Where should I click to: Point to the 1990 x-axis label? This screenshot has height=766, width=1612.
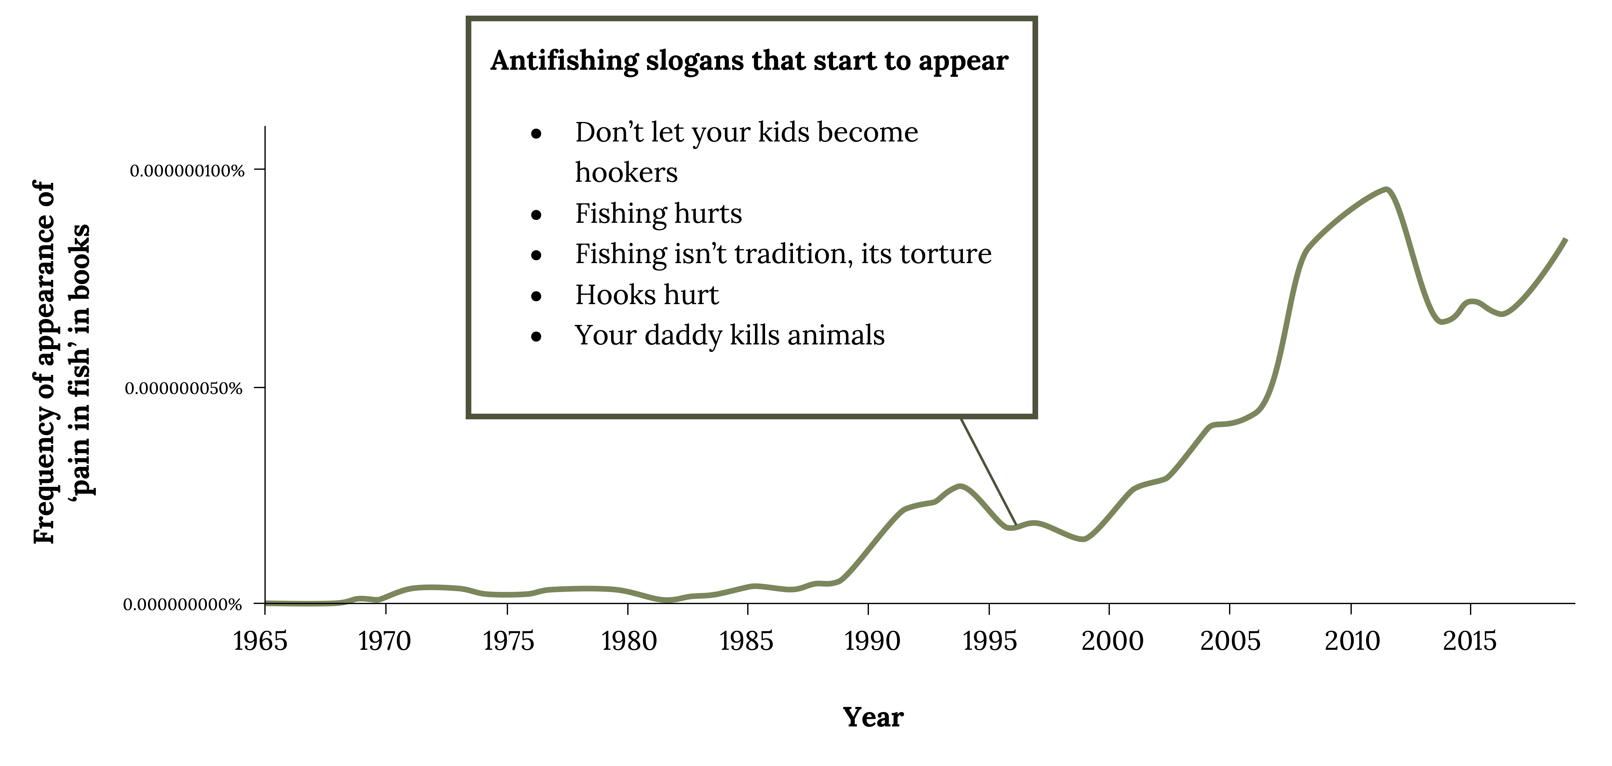click(872, 641)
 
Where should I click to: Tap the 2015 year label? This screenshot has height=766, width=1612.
click(1469, 641)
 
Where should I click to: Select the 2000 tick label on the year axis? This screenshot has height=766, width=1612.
click(1112, 641)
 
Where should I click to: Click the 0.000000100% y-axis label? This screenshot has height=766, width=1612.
click(186, 171)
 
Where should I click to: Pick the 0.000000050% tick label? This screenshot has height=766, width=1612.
click(183, 389)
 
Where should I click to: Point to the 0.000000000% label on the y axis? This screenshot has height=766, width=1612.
click(182, 604)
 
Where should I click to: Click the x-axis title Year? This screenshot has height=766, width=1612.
click(873, 717)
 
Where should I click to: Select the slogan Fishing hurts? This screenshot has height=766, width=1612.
click(658, 213)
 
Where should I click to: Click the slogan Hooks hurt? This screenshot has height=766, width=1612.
click(647, 295)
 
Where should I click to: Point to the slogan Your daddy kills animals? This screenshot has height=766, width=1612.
click(730, 335)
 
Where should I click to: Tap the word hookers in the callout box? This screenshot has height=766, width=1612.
click(626, 172)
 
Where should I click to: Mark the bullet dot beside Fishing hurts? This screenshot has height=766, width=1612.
click(536, 215)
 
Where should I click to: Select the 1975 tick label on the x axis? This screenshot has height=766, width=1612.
click(508, 641)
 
